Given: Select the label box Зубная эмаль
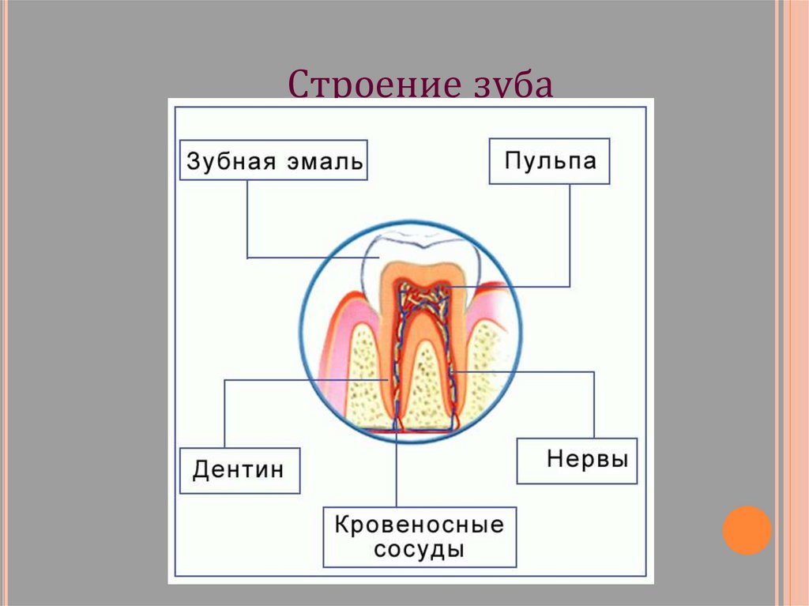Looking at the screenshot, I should pyautogui.click(x=273, y=161).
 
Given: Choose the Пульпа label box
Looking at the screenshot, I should pyautogui.click(x=549, y=161).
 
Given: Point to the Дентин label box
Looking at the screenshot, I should pyautogui.click(x=239, y=471).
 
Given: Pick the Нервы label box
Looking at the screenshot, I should pyautogui.click(x=577, y=461).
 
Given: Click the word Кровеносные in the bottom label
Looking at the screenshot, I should pyautogui.click(x=419, y=525).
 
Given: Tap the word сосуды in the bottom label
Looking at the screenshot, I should pyautogui.click(x=419, y=549).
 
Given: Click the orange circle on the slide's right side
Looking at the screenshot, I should pyautogui.click(x=747, y=529).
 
